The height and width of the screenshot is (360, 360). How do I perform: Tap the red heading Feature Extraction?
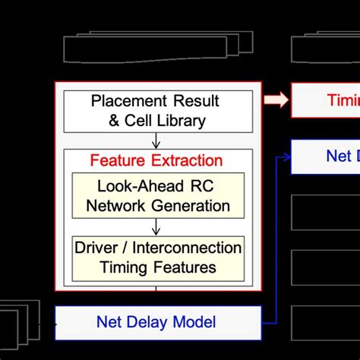tap(156, 160)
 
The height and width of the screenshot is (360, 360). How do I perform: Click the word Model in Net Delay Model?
tap(197, 321)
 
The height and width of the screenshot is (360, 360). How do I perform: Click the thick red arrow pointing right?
tap(275, 99)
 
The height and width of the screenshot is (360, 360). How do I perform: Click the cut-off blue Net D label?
tap(342, 156)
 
